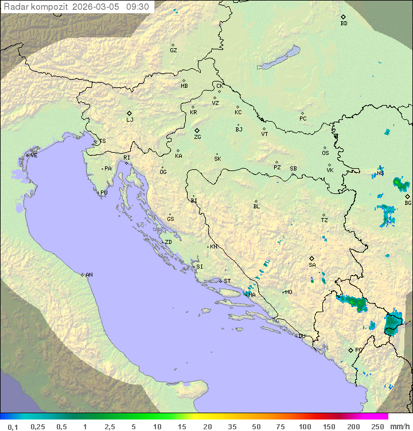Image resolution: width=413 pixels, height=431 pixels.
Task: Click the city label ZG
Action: (x=197, y=137)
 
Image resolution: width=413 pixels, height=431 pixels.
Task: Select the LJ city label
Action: (x=130, y=120)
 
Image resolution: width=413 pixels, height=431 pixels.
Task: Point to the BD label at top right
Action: (x=344, y=24)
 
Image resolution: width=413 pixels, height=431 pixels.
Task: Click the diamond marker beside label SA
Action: (x=312, y=258)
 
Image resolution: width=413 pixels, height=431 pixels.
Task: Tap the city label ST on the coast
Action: (x=227, y=281)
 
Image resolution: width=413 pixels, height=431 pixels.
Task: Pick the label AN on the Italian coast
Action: (x=89, y=275)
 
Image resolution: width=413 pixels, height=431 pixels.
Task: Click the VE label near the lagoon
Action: (x=34, y=156)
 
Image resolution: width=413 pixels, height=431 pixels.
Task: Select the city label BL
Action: (x=256, y=207)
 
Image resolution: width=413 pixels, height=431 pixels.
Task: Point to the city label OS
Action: (x=325, y=153)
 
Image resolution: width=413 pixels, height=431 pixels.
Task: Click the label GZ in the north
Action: (x=173, y=51)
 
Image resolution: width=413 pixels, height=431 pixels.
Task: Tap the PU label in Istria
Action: (x=104, y=193)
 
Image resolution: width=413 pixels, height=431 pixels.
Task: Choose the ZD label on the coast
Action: (x=168, y=242)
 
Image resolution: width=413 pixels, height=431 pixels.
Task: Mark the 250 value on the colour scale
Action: (x=377, y=426)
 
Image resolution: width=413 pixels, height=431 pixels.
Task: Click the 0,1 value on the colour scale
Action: (x=13, y=426)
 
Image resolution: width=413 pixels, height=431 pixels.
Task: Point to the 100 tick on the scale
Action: (x=305, y=426)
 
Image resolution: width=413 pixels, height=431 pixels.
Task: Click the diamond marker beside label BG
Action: (x=407, y=196)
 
